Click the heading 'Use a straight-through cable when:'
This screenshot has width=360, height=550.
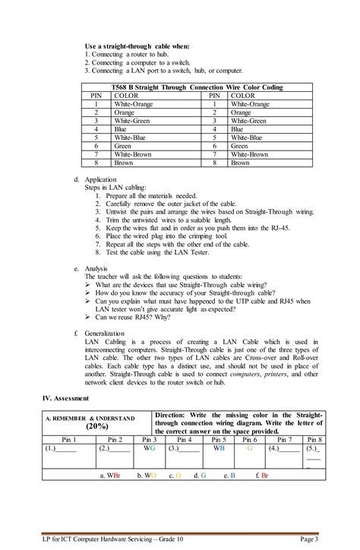click(137, 46)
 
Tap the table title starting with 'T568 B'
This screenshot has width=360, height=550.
click(196, 88)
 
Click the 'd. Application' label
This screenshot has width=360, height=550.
click(96, 179)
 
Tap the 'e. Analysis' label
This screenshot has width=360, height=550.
click(91, 269)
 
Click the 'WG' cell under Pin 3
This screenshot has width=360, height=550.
click(149, 449)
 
